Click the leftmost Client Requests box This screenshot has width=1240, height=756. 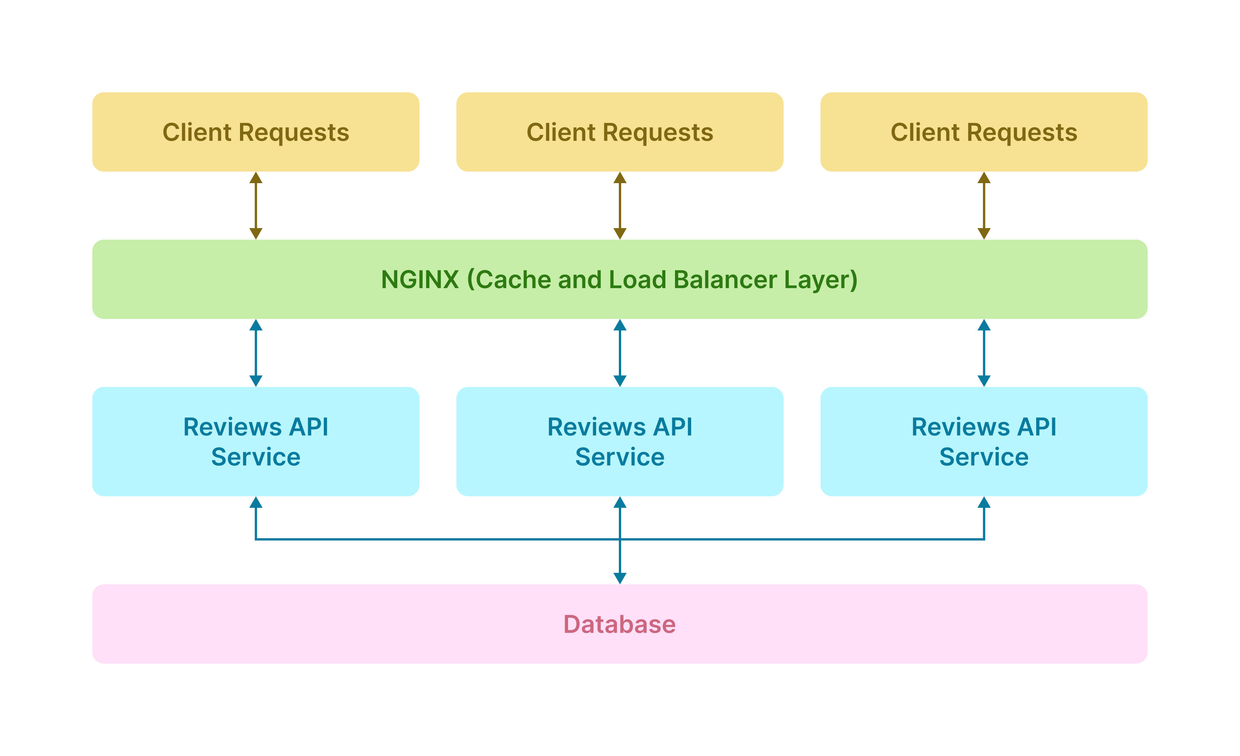(x=256, y=132)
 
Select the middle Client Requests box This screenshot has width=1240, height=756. (x=620, y=132)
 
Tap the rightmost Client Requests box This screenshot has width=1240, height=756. (x=983, y=132)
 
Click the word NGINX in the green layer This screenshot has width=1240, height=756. (x=420, y=279)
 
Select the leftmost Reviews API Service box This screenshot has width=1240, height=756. (x=256, y=441)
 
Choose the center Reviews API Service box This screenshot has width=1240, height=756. (x=620, y=441)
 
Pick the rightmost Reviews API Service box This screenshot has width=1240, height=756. (x=983, y=441)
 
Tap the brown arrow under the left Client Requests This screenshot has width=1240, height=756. (x=256, y=205)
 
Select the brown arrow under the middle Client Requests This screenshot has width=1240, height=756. (x=620, y=205)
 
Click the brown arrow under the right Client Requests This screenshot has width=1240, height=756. (x=983, y=205)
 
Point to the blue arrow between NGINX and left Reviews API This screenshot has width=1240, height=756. (x=256, y=353)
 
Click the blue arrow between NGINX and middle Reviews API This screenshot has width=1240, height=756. (x=620, y=353)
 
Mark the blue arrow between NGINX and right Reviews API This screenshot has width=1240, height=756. (x=983, y=353)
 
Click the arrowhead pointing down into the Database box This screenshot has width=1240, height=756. (x=620, y=578)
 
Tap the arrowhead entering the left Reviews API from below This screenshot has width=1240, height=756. (x=256, y=502)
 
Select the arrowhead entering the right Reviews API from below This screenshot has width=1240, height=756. (x=983, y=502)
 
